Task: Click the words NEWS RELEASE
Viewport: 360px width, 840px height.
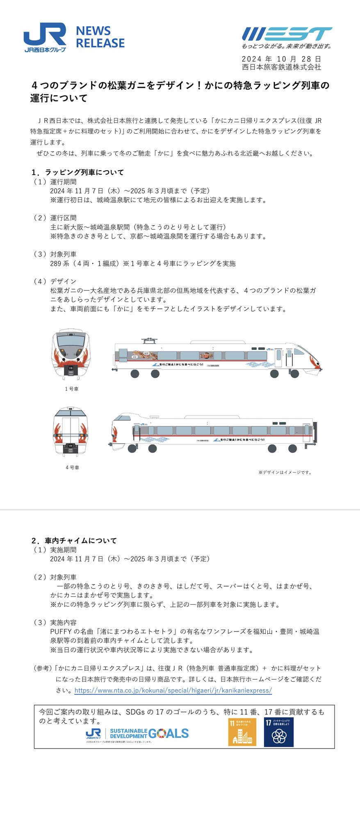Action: (x=100, y=37)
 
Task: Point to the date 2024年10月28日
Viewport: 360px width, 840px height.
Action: (x=281, y=59)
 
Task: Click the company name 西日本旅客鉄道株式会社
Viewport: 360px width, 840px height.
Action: (x=281, y=67)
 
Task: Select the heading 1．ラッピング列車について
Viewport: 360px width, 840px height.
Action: (x=77, y=172)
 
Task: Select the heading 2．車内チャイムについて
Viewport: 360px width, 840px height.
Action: (x=74, y=541)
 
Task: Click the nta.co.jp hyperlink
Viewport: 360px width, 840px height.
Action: (x=173, y=690)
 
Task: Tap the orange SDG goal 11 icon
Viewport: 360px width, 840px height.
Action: (x=242, y=732)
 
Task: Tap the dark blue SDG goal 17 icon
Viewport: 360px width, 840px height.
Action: (x=278, y=732)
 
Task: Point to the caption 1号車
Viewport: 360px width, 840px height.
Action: (x=72, y=389)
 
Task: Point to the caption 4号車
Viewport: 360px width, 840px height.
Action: (x=72, y=468)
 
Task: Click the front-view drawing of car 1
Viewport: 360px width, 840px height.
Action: (x=71, y=352)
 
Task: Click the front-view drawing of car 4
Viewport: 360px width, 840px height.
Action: (x=71, y=431)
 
